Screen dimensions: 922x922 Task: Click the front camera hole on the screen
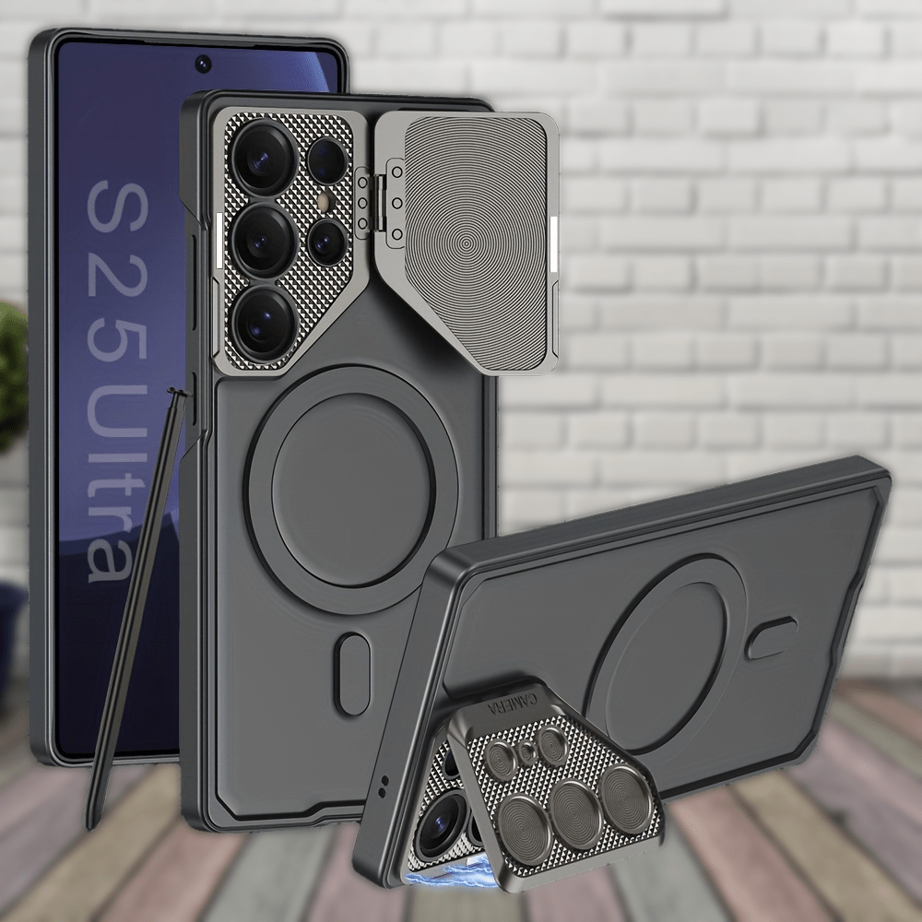[x=202, y=64]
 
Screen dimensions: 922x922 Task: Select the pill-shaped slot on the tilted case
[x=773, y=638]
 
